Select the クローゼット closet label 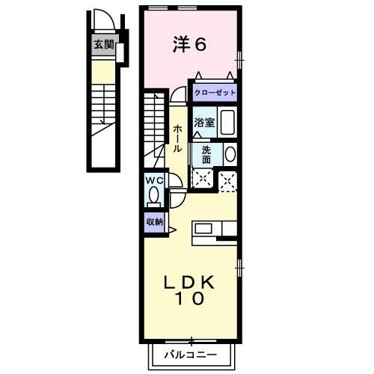215,93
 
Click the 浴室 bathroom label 205,123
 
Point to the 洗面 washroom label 206,153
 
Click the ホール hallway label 177,138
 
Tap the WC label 154,180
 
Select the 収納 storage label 154,221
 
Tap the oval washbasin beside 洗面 230,154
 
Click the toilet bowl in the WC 154,196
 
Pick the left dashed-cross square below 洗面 202,179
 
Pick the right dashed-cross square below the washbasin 228,180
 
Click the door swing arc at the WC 175,183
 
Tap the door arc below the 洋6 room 178,95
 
